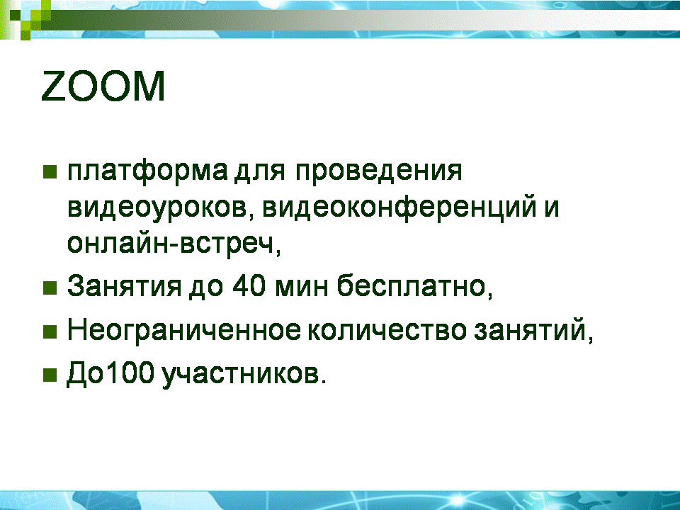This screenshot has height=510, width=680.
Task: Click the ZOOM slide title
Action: [103, 86]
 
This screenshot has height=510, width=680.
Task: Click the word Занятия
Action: [124, 286]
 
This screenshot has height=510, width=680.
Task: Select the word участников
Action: [244, 374]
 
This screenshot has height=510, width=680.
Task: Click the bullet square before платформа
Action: [50, 171]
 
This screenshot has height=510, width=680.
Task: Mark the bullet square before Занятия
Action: [50, 288]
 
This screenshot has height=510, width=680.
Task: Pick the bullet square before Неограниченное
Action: [50, 331]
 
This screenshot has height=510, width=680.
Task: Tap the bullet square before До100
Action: [50, 375]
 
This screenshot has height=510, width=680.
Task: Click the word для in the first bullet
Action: [260, 172]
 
